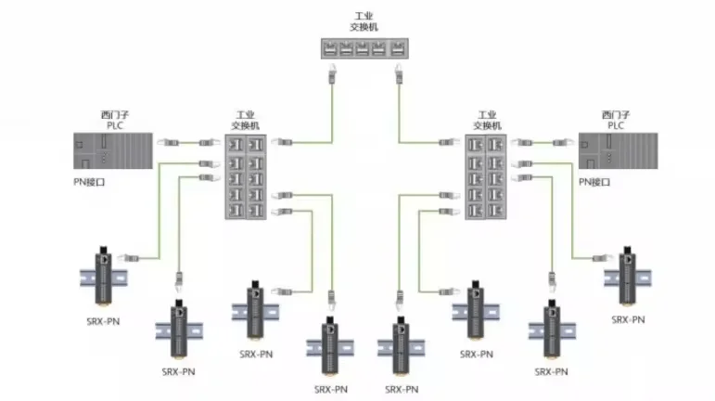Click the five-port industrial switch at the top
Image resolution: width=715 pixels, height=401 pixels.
pyautogui.click(x=365, y=49)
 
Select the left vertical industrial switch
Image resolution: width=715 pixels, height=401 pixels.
pyautogui.click(x=245, y=176)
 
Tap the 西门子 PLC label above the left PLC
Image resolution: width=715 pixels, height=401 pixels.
pyautogui.click(x=114, y=120)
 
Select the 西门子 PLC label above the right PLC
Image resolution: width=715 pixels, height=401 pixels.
pyautogui.click(x=616, y=120)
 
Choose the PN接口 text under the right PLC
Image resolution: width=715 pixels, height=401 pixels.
pyautogui.click(x=594, y=183)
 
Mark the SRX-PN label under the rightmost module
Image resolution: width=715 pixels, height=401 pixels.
pyautogui.click(x=628, y=319)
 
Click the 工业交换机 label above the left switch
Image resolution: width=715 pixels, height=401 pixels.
pyautogui.click(x=246, y=120)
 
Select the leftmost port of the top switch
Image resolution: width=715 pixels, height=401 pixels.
pyautogui.click(x=332, y=49)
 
